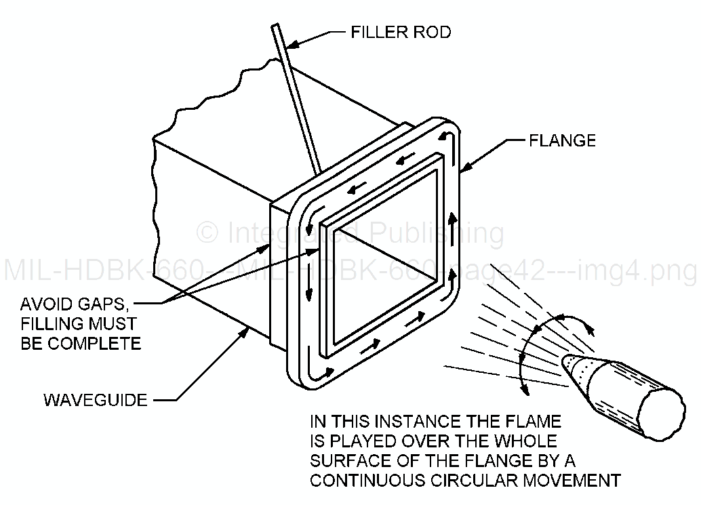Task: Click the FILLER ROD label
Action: tap(400, 32)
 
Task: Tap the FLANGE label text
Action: tap(562, 140)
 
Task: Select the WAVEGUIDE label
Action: tap(95, 400)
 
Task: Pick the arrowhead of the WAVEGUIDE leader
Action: tap(247, 329)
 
